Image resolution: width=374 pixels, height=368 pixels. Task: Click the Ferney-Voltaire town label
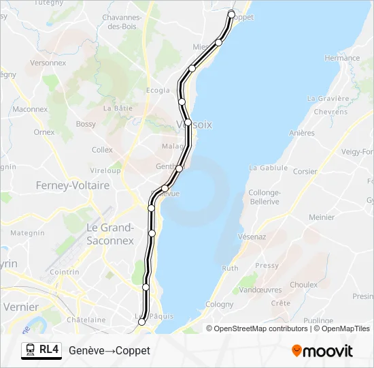[73, 185]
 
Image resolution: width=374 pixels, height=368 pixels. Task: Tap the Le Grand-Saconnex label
[111, 233]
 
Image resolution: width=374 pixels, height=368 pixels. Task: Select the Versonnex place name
[48, 62]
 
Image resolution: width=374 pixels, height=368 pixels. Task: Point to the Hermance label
[342, 59]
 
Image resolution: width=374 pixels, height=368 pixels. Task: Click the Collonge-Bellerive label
[265, 197]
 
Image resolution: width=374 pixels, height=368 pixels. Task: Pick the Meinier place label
[322, 217]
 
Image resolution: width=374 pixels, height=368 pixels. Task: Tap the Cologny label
[220, 305]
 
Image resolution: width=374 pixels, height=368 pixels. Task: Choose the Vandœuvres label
[262, 290]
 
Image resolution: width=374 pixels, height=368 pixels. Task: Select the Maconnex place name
[30, 109]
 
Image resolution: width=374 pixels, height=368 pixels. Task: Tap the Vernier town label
[21, 307]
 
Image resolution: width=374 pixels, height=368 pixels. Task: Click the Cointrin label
[65, 272]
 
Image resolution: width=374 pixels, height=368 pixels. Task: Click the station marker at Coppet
[231, 14]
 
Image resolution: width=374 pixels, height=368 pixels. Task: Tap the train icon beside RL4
[31, 350]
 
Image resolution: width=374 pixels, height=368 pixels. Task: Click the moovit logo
[322, 351]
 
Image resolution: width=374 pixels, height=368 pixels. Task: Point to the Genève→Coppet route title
[109, 350]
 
